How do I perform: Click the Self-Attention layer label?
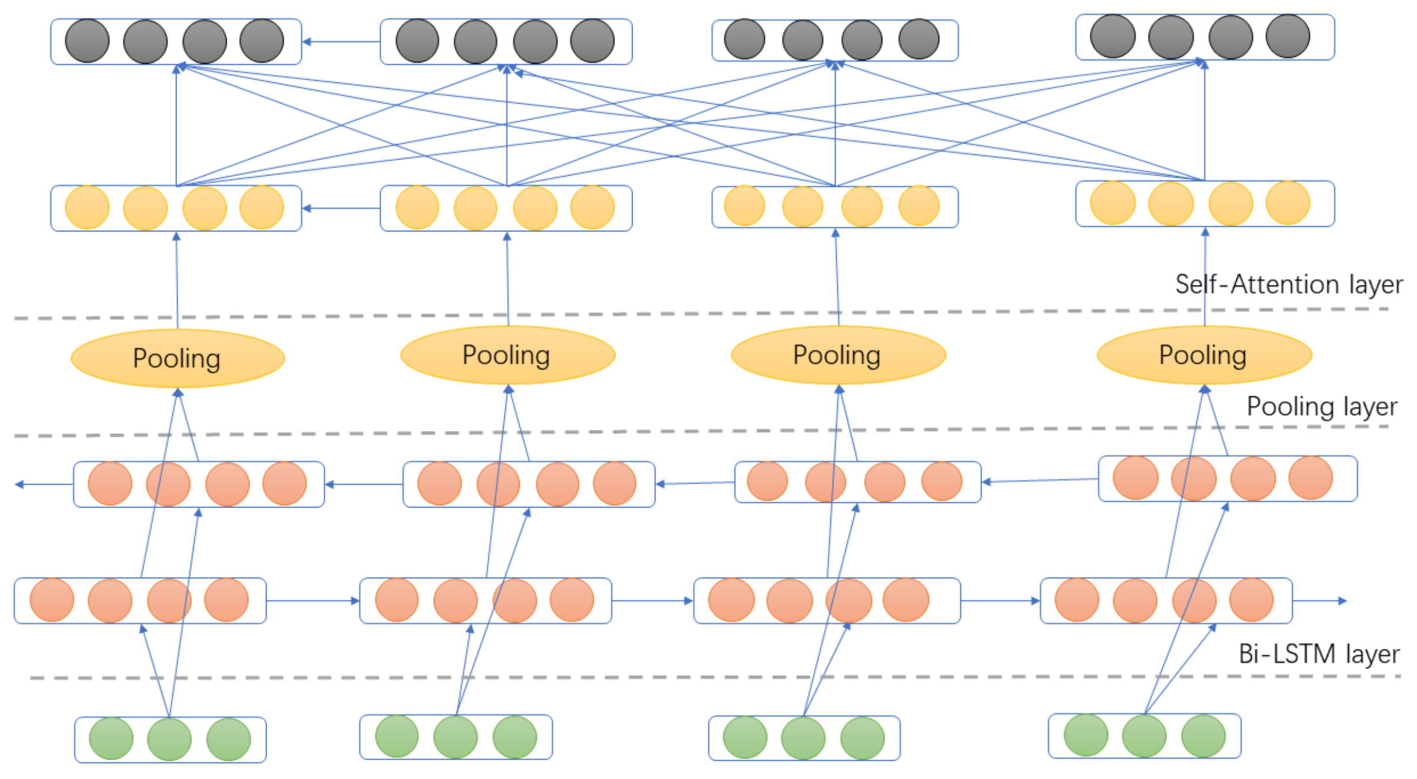pos(1288,285)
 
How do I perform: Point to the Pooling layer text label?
pos(1322,407)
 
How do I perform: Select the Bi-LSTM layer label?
pos(1318,654)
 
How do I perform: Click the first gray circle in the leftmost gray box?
pos(87,41)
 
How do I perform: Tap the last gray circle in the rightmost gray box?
pos(1288,37)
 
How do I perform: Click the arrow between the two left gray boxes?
pos(341,41)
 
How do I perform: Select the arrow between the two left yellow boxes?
pos(341,208)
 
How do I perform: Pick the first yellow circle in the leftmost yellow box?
pos(87,207)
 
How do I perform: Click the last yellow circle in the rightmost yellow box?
pos(1288,203)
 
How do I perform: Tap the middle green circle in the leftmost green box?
pos(169,739)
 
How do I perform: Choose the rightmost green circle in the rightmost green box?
pos(1203,736)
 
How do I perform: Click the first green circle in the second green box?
pos(397,736)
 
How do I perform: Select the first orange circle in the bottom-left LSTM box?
pos(52,600)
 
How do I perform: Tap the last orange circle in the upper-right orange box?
pos(1310,478)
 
